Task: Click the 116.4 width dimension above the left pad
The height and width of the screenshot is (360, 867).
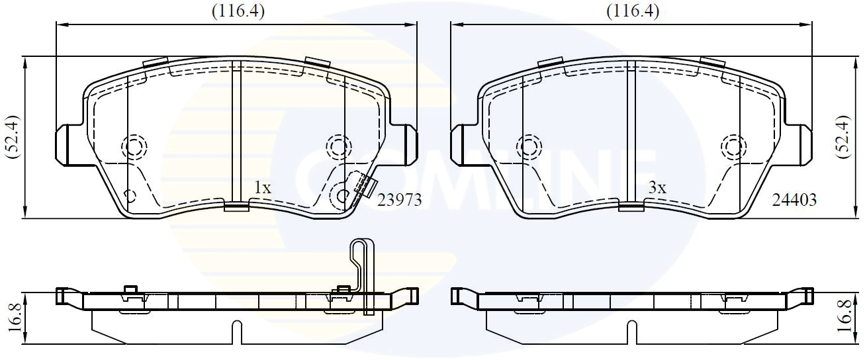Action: (238, 12)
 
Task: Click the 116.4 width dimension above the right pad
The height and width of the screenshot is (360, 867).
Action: (633, 12)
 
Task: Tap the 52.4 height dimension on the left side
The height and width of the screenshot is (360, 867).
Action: (13, 136)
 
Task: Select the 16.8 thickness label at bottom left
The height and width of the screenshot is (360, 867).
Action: (15, 318)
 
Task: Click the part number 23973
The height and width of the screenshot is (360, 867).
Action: (399, 200)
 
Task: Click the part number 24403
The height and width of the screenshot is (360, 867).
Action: (794, 200)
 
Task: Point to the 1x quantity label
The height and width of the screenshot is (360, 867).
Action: (263, 188)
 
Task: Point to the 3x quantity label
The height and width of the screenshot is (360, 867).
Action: (657, 188)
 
